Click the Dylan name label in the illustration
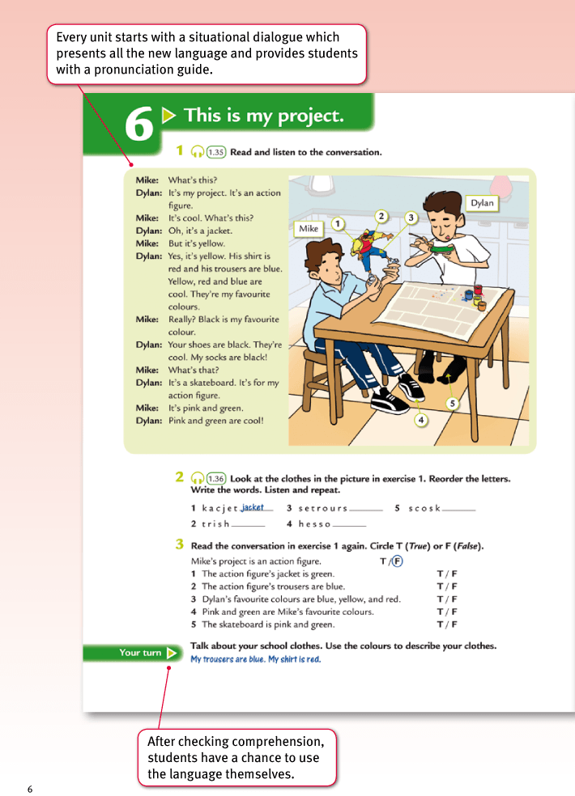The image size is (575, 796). pos(482,203)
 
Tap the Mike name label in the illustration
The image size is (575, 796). pos(309,229)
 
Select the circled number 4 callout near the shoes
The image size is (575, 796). pos(421,419)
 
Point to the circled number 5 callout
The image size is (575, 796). pos(453,403)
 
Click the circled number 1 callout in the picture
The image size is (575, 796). pos(339,223)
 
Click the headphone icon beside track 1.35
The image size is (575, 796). pos(197,152)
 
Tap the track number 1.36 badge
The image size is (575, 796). pos(216,478)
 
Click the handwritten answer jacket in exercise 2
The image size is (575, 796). pos(253,507)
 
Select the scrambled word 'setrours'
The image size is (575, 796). pos(323,508)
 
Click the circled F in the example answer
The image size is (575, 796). pos(398,561)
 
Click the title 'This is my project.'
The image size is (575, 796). pos(264,116)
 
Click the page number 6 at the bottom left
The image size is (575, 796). pos(30,789)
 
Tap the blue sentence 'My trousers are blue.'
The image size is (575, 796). pos(227,659)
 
